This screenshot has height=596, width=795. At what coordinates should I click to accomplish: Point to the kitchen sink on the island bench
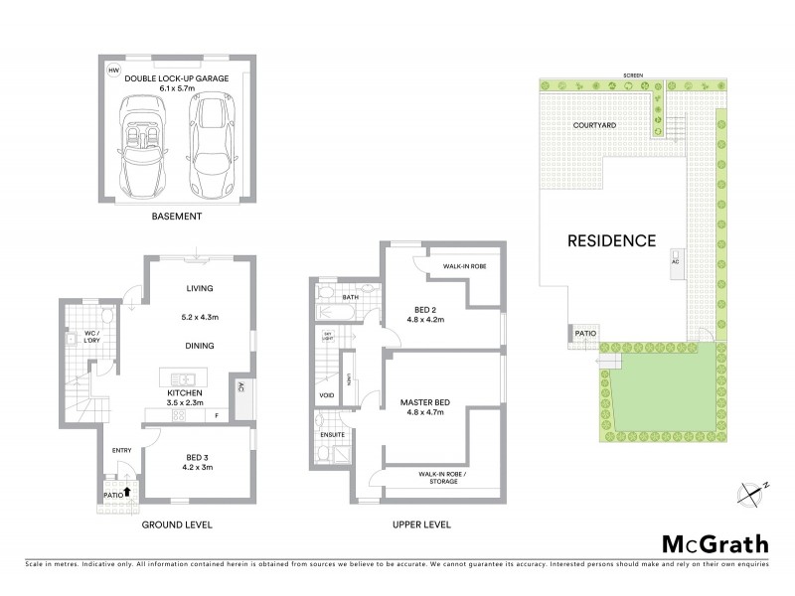point(183,377)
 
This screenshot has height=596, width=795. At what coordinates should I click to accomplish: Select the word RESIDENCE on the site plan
point(611,240)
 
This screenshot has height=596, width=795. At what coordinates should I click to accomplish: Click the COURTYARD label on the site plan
point(595,126)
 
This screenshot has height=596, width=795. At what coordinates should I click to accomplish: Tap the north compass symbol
point(753,491)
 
